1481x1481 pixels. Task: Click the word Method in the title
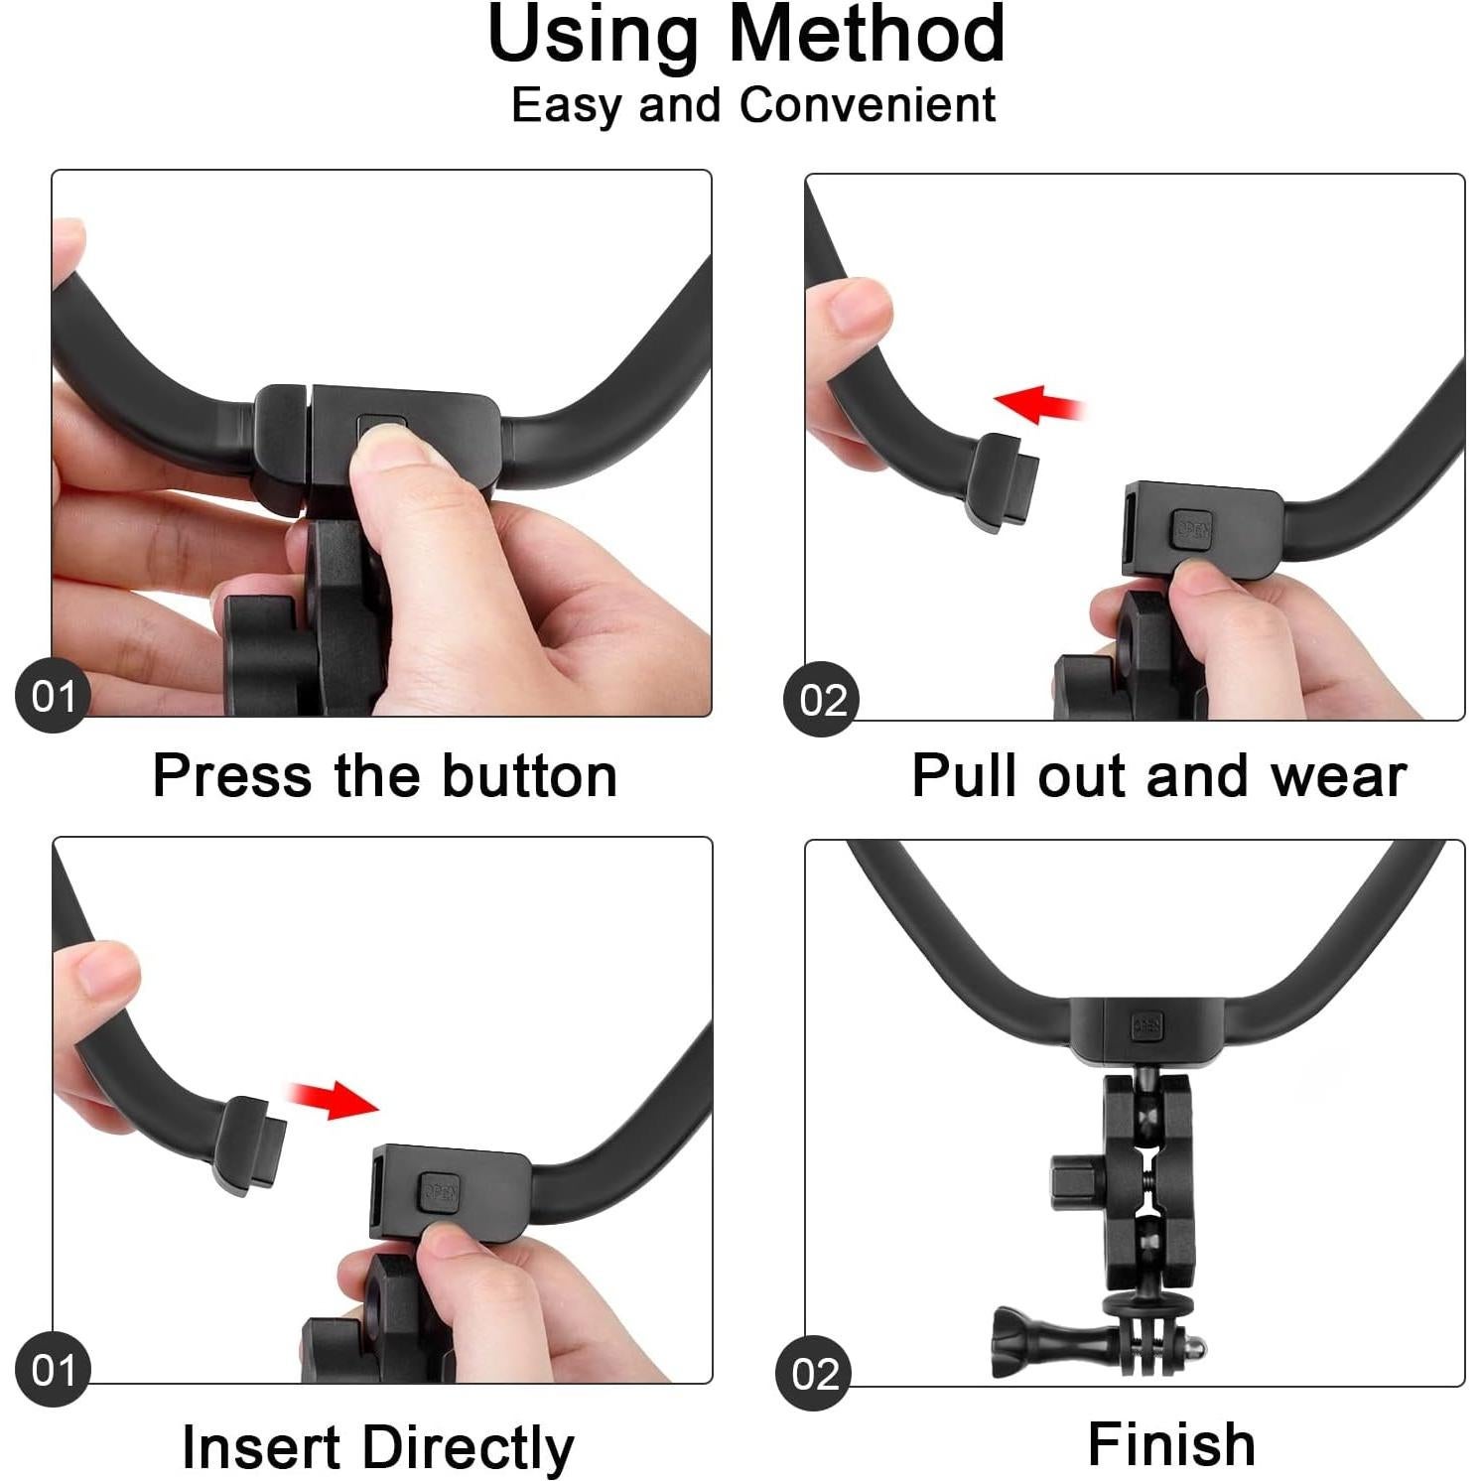click(x=867, y=35)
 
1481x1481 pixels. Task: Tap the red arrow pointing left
click(x=1037, y=405)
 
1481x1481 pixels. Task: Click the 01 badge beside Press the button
click(x=54, y=696)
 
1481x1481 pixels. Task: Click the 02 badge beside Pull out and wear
click(x=822, y=700)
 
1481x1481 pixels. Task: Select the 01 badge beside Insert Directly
click(x=54, y=1371)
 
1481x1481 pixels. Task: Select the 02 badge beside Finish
click(x=814, y=1374)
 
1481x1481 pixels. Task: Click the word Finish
click(x=1171, y=1444)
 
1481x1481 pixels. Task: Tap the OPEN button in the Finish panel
click(x=1146, y=1026)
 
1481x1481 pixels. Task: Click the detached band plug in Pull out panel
click(x=1004, y=481)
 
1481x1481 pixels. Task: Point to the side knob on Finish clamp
click(x=1076, y=1180)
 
